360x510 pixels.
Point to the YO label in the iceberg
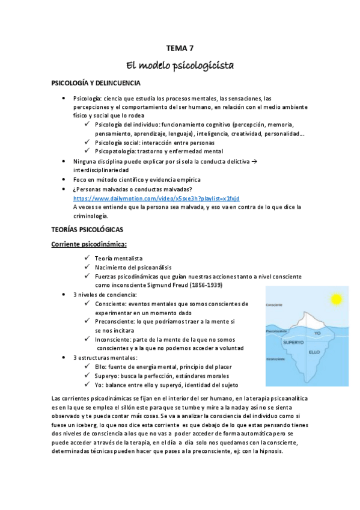pos(318,333)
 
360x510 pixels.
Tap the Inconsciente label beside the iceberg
pos(274,360)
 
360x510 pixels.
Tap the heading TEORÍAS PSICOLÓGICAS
pos(88,230)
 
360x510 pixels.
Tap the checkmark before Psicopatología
pos(88,152)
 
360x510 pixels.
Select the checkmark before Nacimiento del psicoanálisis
pos(88,267)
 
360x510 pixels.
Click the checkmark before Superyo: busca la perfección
pos(88,375)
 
